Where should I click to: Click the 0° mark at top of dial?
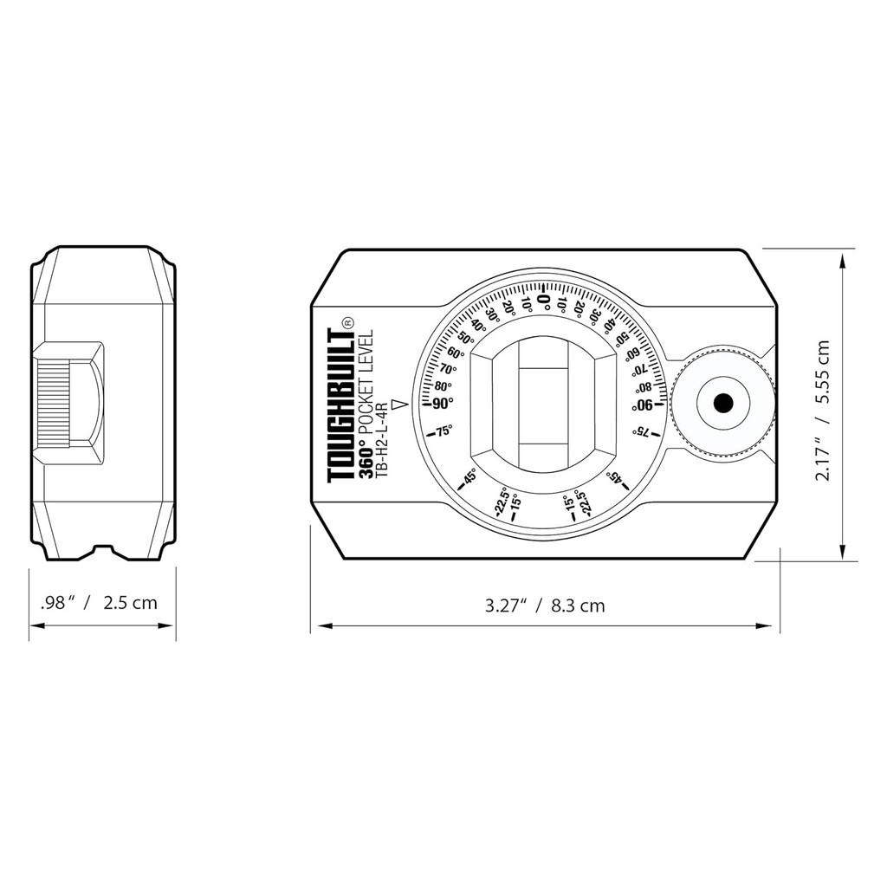tap(543, 299)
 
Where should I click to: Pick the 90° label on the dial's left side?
tap(439, 404)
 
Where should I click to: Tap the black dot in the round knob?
tap(723, 404)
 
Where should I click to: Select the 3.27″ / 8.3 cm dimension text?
tap(545, 605)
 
